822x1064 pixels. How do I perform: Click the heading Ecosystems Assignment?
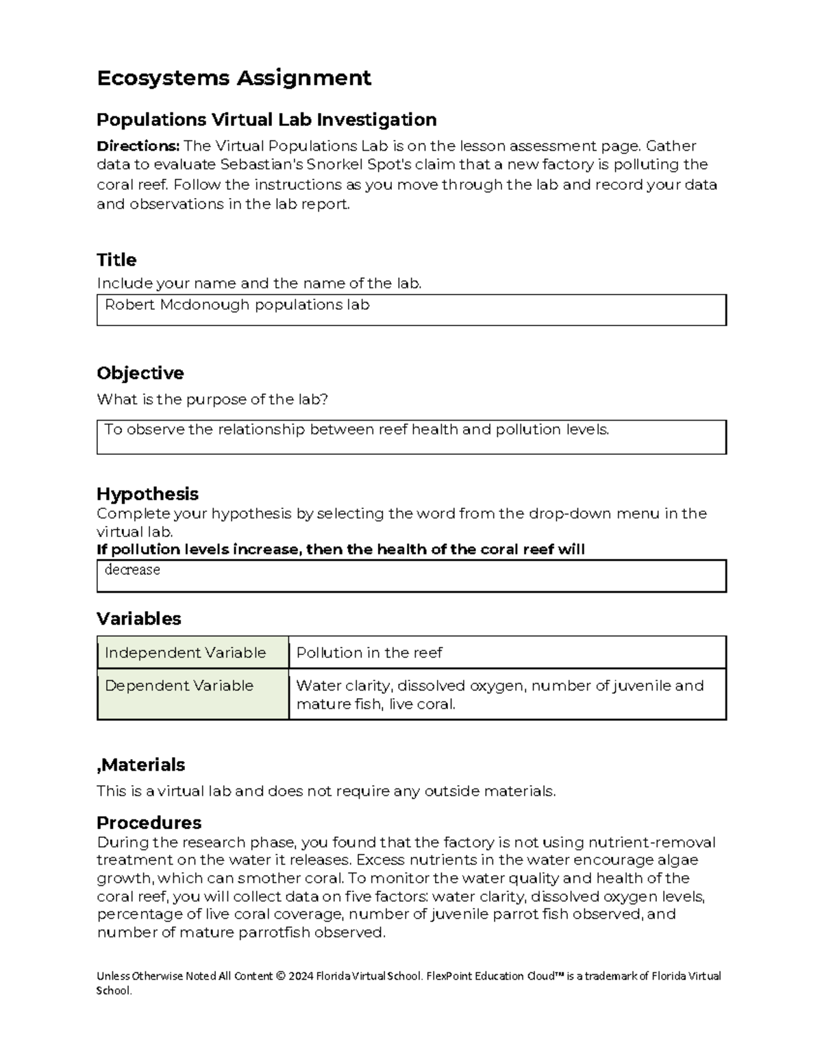[234, 78]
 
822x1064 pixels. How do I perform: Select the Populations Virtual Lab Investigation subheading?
[266, 120]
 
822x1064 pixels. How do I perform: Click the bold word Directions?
[138, 146]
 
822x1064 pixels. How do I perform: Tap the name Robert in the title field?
[129, 306]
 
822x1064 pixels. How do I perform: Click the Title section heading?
[116, 260]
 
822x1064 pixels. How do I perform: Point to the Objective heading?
[140, 373]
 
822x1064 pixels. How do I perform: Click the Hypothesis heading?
[147, 494]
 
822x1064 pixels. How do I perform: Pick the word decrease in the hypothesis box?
[132, 570]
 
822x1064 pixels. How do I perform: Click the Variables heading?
[139, 619]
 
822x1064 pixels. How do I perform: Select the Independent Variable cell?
[185, 653]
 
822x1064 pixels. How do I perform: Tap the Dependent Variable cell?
[179, 686]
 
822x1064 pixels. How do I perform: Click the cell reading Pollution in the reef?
[369, 653]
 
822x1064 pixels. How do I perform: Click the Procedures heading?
[149, 823]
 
